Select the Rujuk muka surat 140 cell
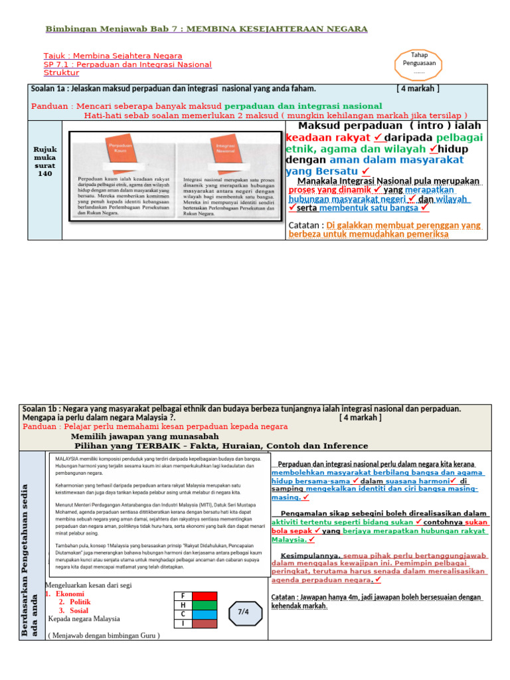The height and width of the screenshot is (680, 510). click(x=44, y=161)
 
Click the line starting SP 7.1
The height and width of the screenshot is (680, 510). click(x=127, y=64)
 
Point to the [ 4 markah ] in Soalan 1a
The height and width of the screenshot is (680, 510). click(x=418, y=88)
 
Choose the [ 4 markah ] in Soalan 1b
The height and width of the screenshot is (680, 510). click(x=360, y=418)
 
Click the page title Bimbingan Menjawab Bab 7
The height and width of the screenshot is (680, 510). click(x=206, y=29)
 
